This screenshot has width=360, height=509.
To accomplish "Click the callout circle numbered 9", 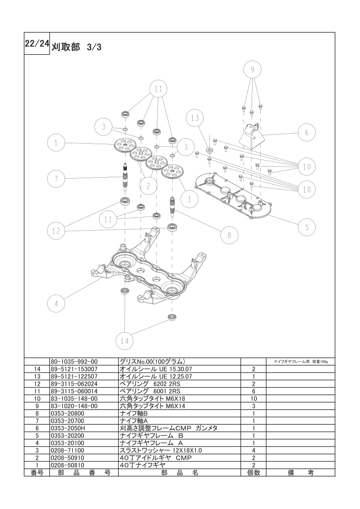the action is pos(252,69).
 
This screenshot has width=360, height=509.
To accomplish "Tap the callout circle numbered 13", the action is pos(195,118).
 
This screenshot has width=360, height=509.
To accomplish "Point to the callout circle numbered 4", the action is pos(56,304).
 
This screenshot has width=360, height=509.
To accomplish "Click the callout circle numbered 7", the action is pos(56,179).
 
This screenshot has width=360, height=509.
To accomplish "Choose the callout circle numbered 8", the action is pos(229,235).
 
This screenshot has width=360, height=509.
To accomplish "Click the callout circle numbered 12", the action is pos(56,231).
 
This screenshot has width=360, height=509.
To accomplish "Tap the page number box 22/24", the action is pos(37,44).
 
